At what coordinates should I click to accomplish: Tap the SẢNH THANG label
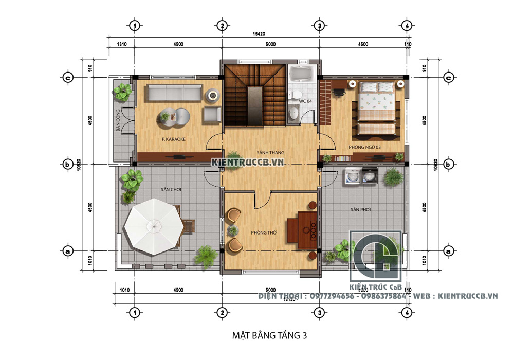[x=270, y=153]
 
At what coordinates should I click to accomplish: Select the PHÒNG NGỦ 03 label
[x=364, y=147]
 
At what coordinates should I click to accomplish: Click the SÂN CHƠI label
[x=171, y=190]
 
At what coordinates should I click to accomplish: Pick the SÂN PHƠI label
[x=361, y=210]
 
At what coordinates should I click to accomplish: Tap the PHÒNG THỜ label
[x=264, y=233]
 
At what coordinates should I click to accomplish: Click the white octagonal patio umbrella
[x=152, y=225]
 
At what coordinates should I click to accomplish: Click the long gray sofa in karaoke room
[x=173, y=93]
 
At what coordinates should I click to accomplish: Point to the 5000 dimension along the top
[x=270, y=44]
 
